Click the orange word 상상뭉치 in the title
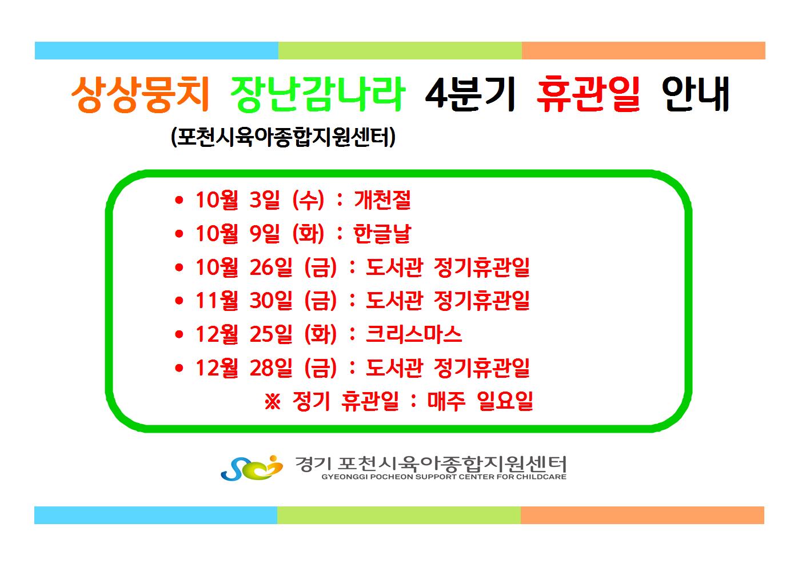[x=141, y=94]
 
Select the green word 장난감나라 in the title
[x=318, y=94]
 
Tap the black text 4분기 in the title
[x=470, y=94]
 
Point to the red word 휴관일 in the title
[x=588, y=94]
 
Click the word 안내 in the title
[x=695, y=94]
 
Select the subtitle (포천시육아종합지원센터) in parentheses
[x=283, y=137]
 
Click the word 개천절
[x=382, y=199]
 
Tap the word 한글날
[x=382, y=233]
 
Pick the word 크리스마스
[x=414, y=334]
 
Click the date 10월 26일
[x=244, y=267]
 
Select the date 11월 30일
[x=244, y=300]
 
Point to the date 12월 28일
[x=244, y=368]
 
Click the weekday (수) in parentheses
[x=308, y=199]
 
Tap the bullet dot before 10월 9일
[x=179, y=234]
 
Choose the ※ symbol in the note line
[x=273, y=402]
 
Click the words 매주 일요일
[x=480, y=401]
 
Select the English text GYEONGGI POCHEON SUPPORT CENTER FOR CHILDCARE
[x=444, y=477]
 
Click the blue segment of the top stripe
[x=157, y=50]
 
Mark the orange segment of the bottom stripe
[x=643, y=515]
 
